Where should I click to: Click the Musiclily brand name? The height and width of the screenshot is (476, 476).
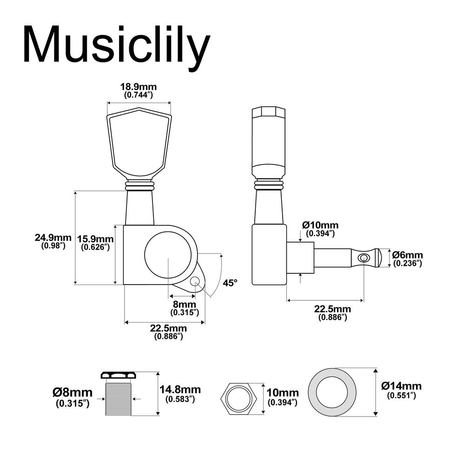click(x=116, y=45)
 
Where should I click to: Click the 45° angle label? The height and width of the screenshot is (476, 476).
click(x=230, y=283)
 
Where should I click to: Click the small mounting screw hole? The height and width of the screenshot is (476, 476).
click(x=195, y=281)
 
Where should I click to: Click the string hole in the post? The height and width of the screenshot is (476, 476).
click(x=364, y=258)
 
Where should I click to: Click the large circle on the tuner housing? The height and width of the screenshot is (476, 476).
click(x=168, y=254)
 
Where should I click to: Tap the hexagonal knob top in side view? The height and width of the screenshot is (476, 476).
click(x=268, y=112)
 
